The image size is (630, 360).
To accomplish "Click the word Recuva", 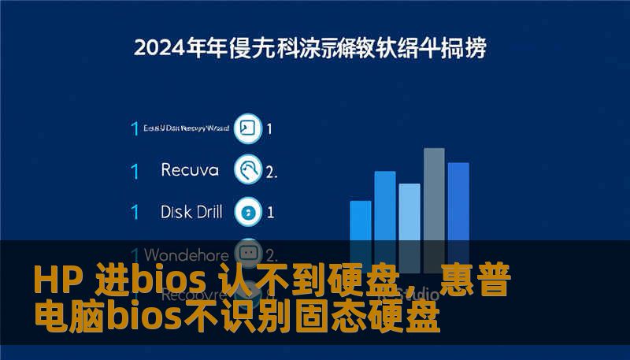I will click(189, 169).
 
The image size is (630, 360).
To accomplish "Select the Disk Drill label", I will click(191, 211).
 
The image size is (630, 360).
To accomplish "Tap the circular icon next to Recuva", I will click(249, 169).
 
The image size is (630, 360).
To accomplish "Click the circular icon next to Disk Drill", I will click(249, 211).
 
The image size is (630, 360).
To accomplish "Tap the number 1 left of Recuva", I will click(135, 169).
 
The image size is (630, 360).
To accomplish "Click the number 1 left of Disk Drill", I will click(135, 211).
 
